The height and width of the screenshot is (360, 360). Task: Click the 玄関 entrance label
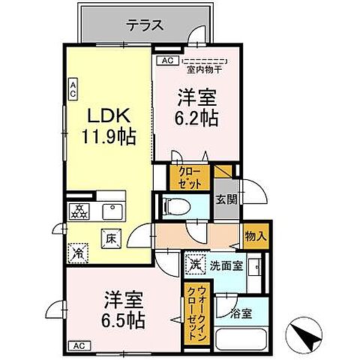(x=226, y=199)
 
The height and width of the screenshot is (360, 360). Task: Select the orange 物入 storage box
(x=255, y=236)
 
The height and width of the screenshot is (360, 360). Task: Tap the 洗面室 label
(x=224, y=264)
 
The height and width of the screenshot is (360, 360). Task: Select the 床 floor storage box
(x=107, y=238)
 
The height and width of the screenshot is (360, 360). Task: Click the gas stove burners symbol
(x=78, y=211)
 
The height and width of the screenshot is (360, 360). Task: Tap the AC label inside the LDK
(x=73, y=91)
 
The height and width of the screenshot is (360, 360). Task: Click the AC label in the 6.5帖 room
(x=77, y=345)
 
